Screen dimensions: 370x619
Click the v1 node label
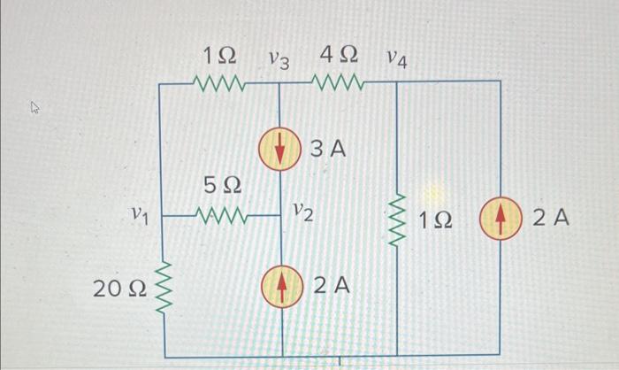(138, 213)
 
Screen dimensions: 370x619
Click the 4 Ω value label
(338, 55)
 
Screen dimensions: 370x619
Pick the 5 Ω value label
(223, 188)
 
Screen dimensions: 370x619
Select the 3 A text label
(327, 150)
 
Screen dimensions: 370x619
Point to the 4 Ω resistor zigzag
(337, 84)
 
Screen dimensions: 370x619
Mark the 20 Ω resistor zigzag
(161, 285)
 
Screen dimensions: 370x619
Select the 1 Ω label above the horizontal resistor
(219, 56)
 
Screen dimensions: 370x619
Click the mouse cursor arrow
(35, 108)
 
